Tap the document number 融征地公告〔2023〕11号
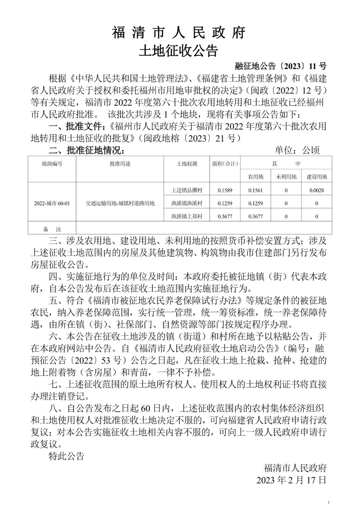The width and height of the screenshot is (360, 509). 281,66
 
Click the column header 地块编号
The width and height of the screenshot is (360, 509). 52,164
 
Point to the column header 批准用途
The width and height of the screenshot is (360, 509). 120,164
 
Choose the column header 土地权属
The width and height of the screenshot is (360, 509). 187,164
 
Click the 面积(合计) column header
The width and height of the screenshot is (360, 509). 225,164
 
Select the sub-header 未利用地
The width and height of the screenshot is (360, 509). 286,177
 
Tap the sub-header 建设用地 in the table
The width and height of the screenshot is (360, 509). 317,177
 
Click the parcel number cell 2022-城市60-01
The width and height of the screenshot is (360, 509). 52,203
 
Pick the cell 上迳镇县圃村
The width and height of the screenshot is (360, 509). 187,190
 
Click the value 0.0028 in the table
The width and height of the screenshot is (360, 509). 317,190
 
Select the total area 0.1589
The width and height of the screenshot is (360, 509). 225,190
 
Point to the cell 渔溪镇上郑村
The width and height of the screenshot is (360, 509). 187,216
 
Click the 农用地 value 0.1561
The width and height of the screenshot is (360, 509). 256,190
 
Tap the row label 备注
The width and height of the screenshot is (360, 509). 52,229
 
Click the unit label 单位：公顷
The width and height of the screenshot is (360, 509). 297,150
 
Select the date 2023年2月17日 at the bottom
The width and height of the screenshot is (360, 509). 291,480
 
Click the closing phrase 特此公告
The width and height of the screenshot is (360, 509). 67,456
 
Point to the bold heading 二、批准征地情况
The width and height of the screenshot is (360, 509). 87,150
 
